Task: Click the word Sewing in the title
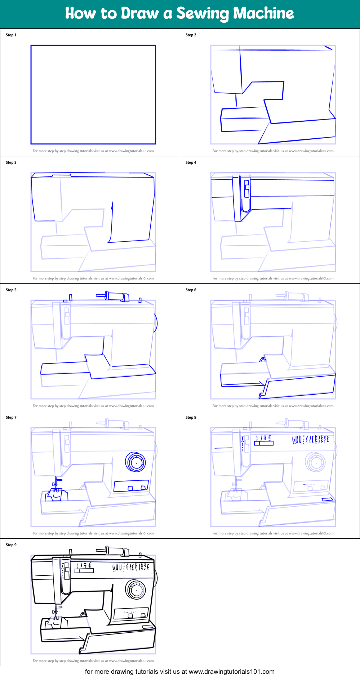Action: click(203, 13)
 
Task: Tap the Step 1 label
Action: click(11, 35)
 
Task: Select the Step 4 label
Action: click(191, 162)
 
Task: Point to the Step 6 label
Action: click(191, 290)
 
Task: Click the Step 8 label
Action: click(191, 417)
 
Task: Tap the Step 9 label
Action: click(11, 545)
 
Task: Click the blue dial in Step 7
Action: click(136, 462)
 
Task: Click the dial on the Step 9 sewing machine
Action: click(136, 589)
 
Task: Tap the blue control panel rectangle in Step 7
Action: click(131, 486)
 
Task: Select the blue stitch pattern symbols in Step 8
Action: click(310, 439)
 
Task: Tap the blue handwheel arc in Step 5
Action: click(156, 323)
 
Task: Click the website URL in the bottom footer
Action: click(231, 672)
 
